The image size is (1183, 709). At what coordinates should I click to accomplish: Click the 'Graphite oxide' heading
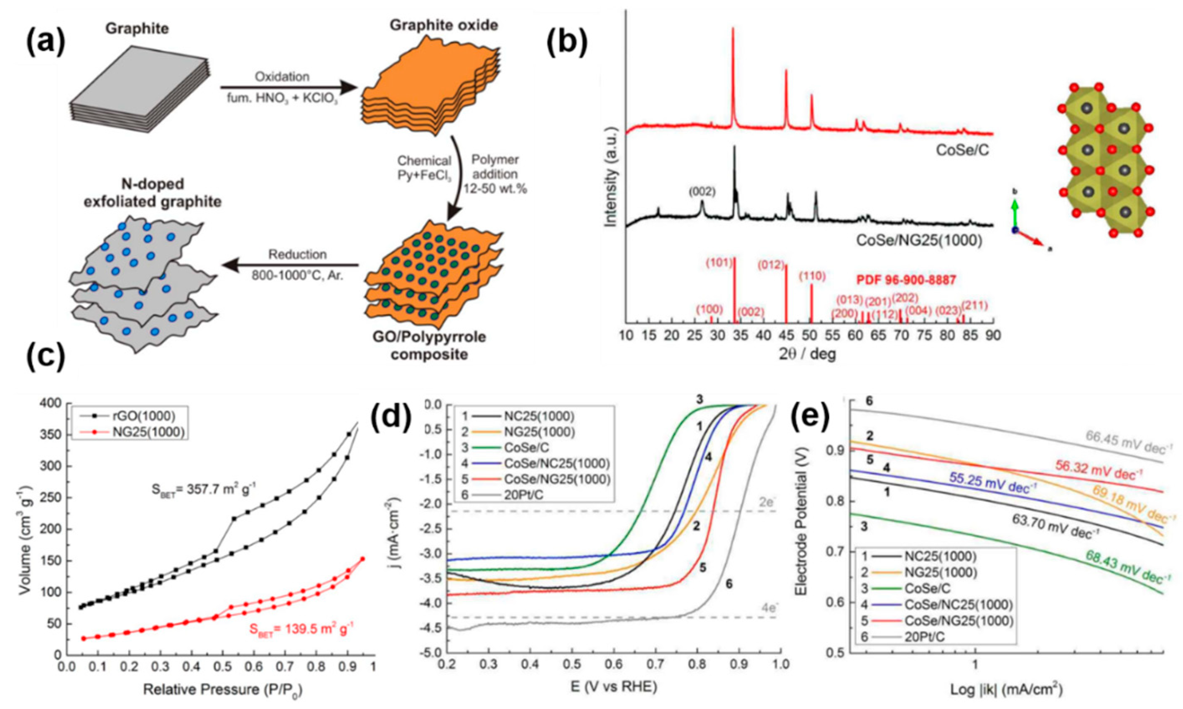(x=444, y=25)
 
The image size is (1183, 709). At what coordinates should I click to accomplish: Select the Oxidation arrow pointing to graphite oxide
(x=289, y=88)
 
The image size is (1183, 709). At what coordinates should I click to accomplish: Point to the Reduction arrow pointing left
(x=291, y=265)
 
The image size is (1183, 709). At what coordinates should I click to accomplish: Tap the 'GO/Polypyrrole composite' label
(x=426, y=345)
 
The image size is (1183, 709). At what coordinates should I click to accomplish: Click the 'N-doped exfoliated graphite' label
(x=153, y=193)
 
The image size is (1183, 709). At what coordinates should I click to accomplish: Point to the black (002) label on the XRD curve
(x=701, y=191)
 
